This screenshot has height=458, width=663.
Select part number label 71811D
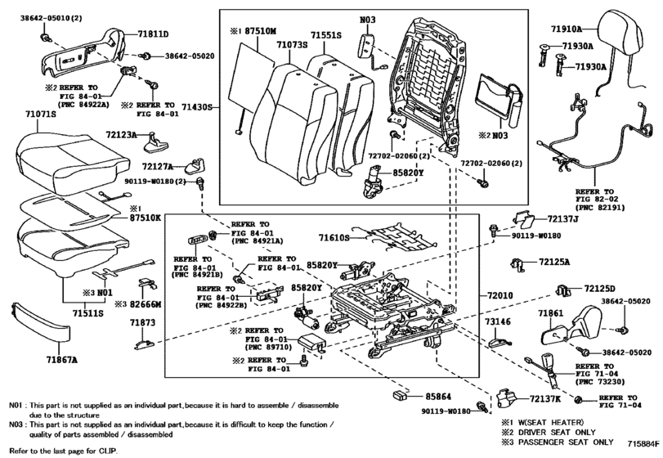153,34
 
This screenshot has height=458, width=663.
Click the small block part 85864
400,396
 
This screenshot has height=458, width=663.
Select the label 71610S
334,238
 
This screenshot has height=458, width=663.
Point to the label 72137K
545,398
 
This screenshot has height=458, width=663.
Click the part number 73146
497,321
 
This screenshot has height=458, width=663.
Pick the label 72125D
599,289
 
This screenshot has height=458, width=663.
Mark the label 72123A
121,135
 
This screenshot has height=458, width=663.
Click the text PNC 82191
600,207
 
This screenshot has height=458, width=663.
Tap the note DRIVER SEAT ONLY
557,432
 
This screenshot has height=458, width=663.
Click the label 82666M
146,304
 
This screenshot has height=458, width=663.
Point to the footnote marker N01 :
18,406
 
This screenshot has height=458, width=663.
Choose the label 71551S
326,35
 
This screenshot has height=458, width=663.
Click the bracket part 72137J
524,218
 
